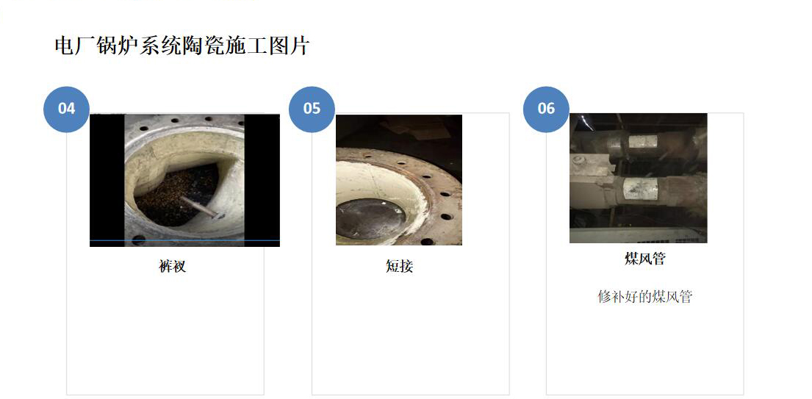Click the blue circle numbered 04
[x=66, y=109]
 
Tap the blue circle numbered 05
[x=312, y=109]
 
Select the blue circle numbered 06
[x=545, y=109]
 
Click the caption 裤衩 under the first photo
[x=173, y=266]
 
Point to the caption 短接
[x=399, y=266]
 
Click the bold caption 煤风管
[x=644, y=259]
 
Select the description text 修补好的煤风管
[x=644, y=297]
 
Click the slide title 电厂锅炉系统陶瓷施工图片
[x=182, y=46]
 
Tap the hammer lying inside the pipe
[x=200, y=206]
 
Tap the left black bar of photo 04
[x=107, y=176]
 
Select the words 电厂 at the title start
[x=68, y=46]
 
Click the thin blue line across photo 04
[x=184, y=240]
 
